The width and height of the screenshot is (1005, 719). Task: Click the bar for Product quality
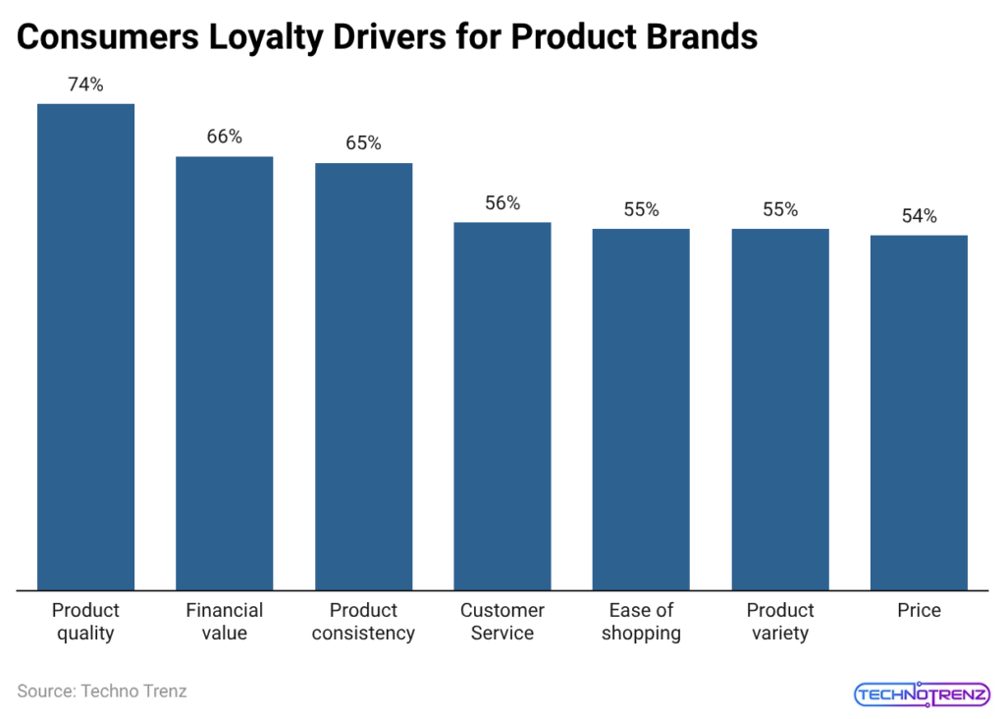pos(85,347)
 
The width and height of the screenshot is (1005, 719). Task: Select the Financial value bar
pos(224,373)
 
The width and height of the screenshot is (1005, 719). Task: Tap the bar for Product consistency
pos(363,376)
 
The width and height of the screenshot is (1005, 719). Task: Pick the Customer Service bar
pos(502,406)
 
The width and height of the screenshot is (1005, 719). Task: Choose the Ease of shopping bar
pos(641,410)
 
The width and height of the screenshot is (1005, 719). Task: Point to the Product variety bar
pos(780,410)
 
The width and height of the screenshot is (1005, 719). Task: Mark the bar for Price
pos(919,413)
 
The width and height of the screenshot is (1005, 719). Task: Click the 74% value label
pos(85,84)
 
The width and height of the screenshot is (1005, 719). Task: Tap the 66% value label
pos(224,138)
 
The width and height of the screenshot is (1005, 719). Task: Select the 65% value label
pos(363,143)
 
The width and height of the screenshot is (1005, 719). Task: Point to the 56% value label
pos(502,203)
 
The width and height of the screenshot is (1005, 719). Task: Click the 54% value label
pos(919,216)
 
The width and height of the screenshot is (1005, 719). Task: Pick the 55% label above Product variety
pos(780,209)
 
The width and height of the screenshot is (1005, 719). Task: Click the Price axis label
pos(919,611)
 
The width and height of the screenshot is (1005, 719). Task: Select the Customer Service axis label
pos(502,622)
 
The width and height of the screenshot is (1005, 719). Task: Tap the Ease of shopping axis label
pos(641,622)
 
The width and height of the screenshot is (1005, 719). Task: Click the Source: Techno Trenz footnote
pos(102,691)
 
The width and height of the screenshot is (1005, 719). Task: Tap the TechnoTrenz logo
pos(922,693)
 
